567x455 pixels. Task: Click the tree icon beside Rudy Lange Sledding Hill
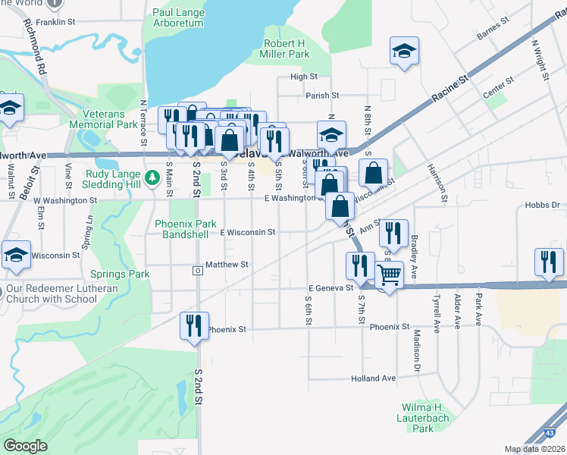(152, 177)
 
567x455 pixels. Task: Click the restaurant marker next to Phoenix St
(194, 325)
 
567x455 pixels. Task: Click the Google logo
(25, 446)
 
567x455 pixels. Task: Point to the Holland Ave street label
(373, 378)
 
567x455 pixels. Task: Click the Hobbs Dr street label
(542, 206)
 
